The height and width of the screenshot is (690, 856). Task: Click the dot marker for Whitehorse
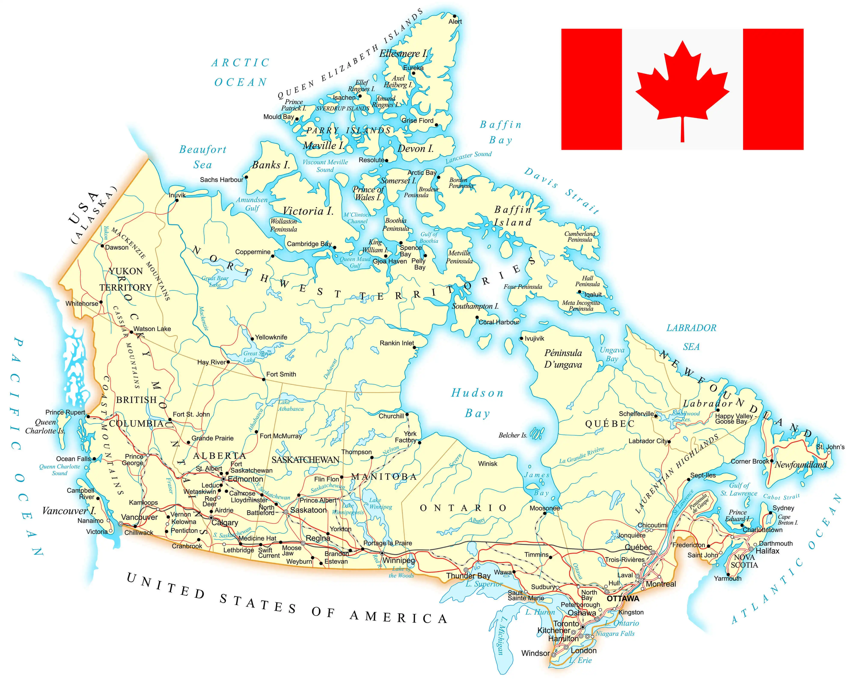click(x=101, y=302)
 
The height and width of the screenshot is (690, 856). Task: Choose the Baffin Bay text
click(x=500, y=132)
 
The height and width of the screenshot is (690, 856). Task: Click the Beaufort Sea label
click(x=203, y=157)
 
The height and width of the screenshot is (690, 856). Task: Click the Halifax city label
click(x=767, y=551)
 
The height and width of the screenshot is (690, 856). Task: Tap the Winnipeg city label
click(x=399, y=561)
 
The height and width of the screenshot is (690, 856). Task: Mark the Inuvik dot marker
click(x=177, y=200)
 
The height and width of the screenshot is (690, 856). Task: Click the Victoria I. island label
click(x=308, y=211)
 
